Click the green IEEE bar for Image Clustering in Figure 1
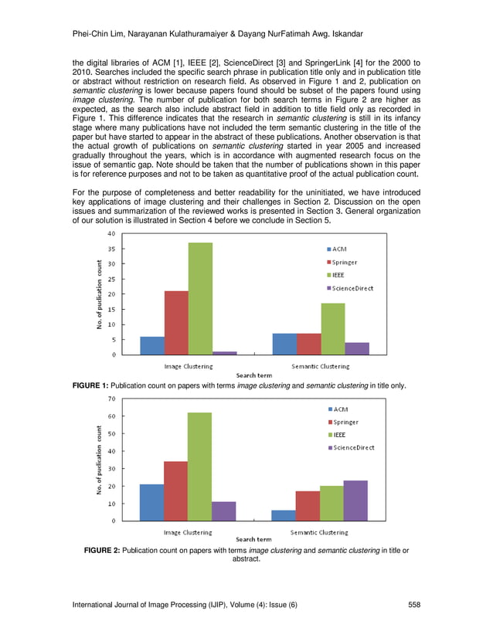coord(200,298)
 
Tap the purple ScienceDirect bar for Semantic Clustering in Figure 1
coord(357,348)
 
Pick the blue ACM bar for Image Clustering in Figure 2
coord(151,502)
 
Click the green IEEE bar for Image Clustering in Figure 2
coord(199,467)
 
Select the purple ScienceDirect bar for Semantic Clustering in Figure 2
coord(356,501)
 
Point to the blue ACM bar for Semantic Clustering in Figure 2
coord(284,515)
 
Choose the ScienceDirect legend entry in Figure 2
coord(353,448)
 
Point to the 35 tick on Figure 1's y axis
coord(111,249)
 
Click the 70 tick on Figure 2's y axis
coord(111,399)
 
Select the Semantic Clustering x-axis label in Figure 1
coord(320,366)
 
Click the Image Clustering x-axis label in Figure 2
coord(187,532)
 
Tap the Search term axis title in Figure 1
coord(253,375)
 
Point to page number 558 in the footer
coord(413,606)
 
